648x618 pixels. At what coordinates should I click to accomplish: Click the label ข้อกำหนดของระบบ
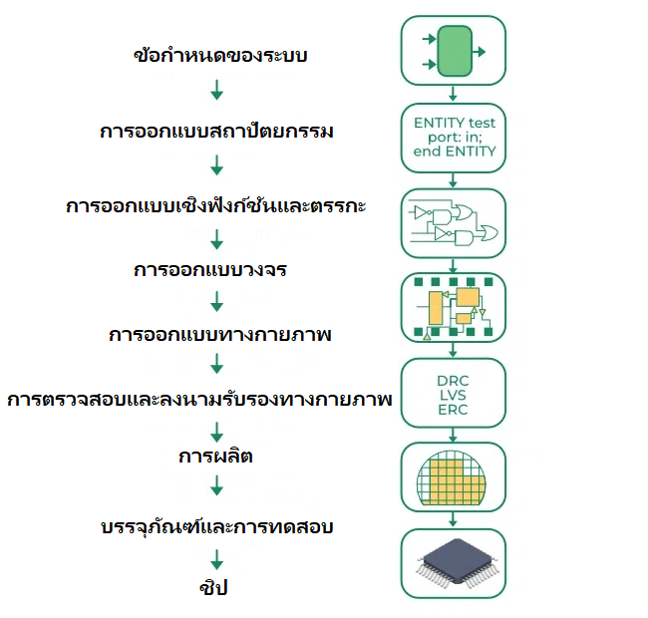tap(219, 56)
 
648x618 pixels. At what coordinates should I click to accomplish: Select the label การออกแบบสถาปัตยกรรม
tap(216, 132)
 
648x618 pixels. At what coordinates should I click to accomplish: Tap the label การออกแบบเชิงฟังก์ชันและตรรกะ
tap(216, 207)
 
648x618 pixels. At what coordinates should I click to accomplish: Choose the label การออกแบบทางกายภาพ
tap(219, 335)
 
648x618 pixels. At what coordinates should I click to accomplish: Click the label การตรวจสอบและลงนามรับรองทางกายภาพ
tap(199, 400)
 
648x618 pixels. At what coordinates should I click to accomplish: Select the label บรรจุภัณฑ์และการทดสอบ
tap(216, 526)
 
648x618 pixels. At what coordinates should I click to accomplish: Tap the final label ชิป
tap(213, 588)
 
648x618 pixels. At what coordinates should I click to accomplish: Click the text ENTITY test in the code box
tap(454, 123)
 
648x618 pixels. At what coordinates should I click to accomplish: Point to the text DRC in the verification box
tap(453, 381)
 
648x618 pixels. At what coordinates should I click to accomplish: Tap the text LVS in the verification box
tap(453, 396)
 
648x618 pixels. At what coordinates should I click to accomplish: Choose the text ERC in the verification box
tap(453, 411)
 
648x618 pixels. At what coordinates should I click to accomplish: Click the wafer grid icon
tap(453, 477)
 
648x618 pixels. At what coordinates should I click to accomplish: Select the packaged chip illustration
tap(453, 563)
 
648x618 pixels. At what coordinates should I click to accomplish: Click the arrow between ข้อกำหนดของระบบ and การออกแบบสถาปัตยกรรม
tap(216, 93)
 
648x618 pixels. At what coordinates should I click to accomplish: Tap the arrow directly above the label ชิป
tap(216, 558)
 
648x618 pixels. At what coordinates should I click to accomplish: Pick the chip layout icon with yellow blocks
tap(453, 308)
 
